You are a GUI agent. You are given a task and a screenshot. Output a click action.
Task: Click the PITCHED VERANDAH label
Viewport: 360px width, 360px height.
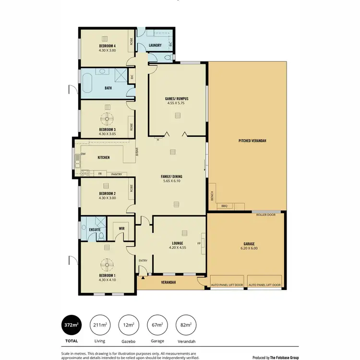coord(252,141)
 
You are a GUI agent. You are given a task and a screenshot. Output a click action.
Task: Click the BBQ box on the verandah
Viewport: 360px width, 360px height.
coord(224,206)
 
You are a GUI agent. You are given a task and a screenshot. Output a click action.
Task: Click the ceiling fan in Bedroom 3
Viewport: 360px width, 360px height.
coord(108,118)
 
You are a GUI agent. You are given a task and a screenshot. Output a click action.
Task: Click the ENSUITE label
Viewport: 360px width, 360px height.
coord(95,230)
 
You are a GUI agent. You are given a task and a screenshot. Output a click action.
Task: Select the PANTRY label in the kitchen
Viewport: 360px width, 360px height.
coord(116,174)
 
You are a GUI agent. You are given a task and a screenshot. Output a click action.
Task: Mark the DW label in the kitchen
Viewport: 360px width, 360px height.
coord(83,154)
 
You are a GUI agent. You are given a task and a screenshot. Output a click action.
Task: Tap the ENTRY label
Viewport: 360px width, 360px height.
coord(144,261)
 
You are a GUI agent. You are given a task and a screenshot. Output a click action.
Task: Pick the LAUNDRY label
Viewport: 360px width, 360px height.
coord(155,46)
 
